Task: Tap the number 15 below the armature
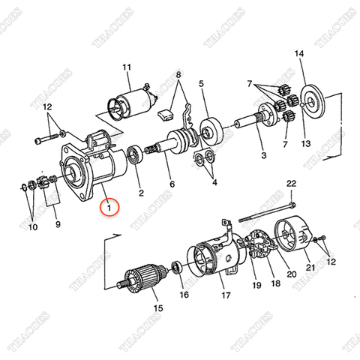(157, 307)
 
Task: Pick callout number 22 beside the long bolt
(291, 184)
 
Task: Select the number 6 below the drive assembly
(171, 185)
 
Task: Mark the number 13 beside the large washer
(304, 142)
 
